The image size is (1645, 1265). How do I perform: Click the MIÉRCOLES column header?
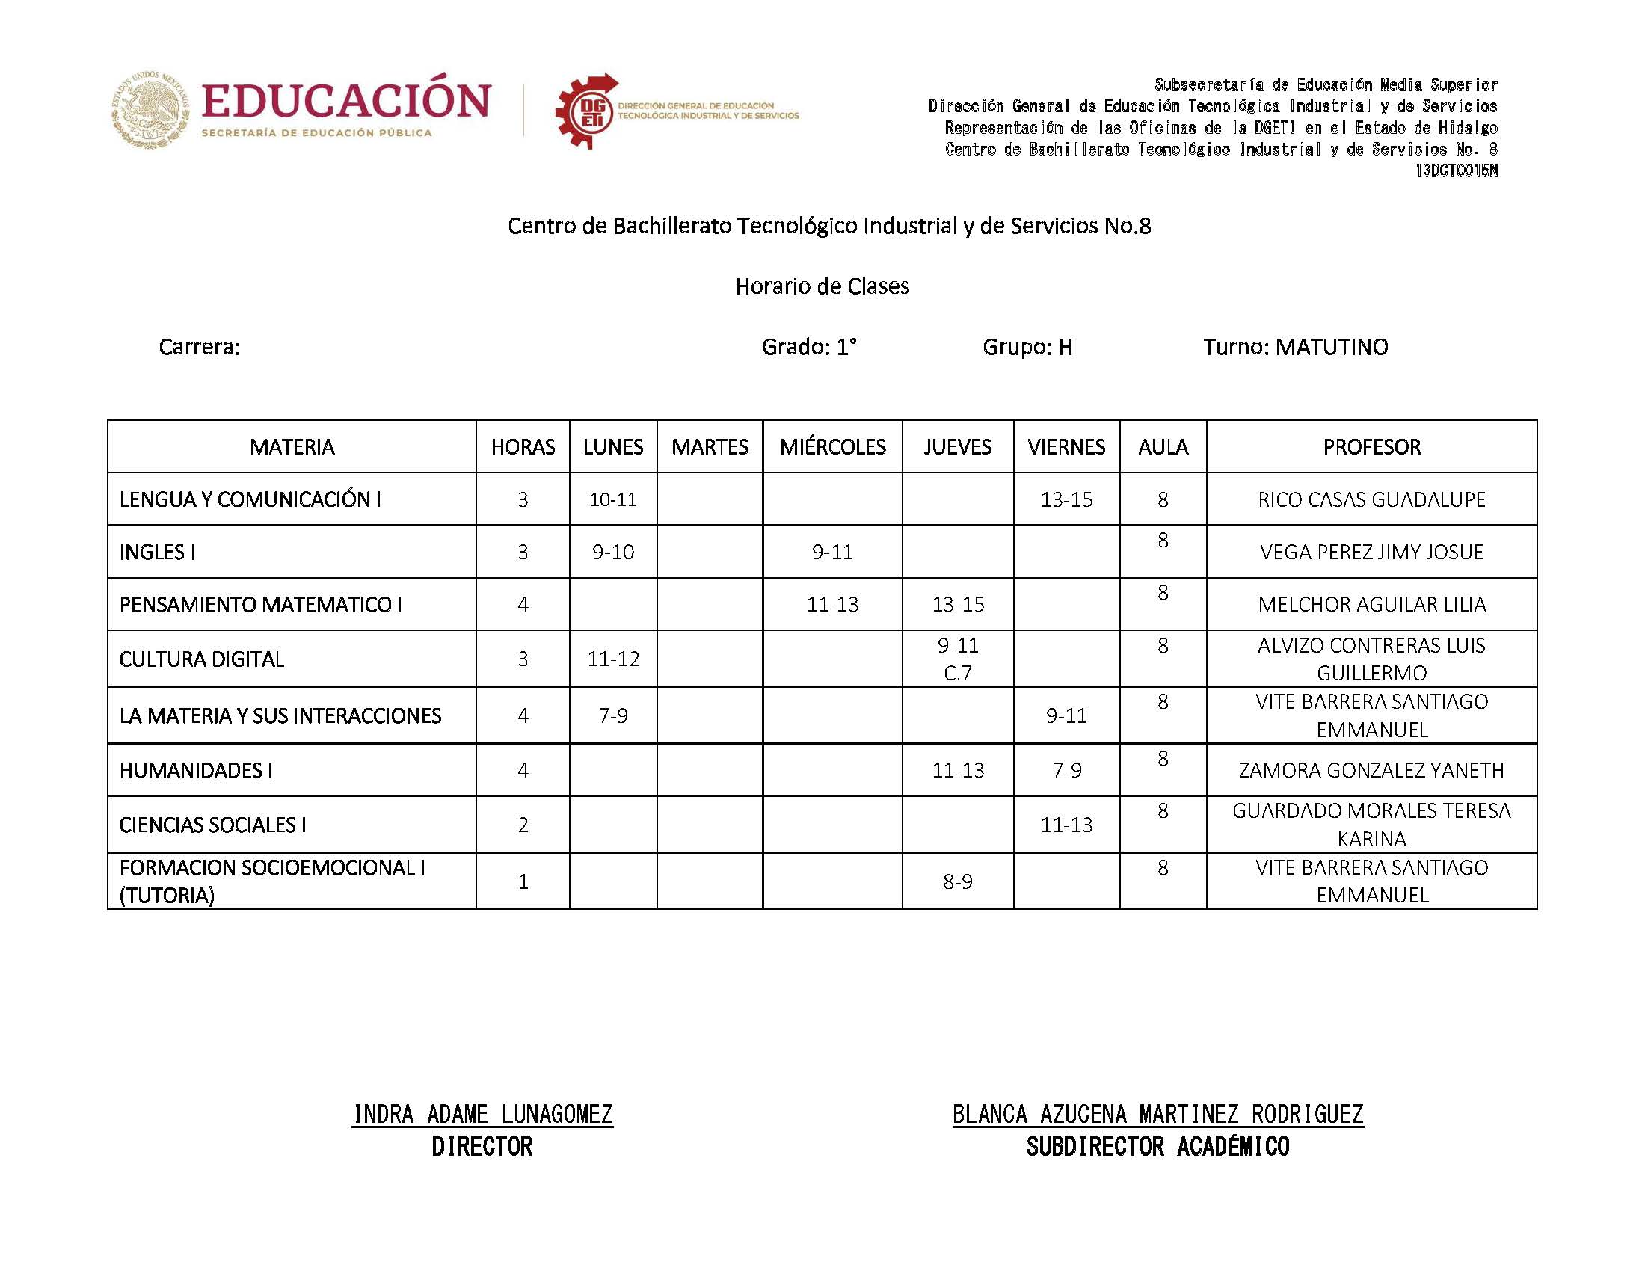click(x=832, y=446)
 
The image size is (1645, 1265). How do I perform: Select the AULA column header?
click(x=1163, y=446)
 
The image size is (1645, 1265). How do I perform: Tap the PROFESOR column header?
click(x=1371, y=446)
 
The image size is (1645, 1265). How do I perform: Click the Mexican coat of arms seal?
click(x=150, y=110)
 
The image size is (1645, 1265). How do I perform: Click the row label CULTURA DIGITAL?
click(x=202, y=659)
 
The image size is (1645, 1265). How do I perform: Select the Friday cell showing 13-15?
click(x=1066, y=499)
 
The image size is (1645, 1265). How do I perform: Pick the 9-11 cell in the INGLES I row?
click(x=832, y=552)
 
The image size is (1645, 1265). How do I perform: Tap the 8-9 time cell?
click(x=957, y=881)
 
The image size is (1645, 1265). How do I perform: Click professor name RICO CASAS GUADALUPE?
click(x=1371, y=499)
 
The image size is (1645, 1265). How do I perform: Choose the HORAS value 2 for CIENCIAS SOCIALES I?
click(x=523, y=825)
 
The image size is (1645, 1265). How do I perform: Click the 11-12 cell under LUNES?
click(x=613, y=659)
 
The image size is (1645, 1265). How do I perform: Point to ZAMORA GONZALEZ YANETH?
click(x=1371, y=770)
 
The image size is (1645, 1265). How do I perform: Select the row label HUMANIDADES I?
click(x=196, y=770)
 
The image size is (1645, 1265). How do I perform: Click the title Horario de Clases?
click(x=822, y=286)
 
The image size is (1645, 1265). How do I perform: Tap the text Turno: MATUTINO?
click(x=1295, y=347)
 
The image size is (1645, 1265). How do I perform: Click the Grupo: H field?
click(x=1027, y=347)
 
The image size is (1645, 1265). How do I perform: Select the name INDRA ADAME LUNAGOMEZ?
click(x=482, y=1114)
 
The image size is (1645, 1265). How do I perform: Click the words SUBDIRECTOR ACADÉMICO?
click(x=1157, y=1147)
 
